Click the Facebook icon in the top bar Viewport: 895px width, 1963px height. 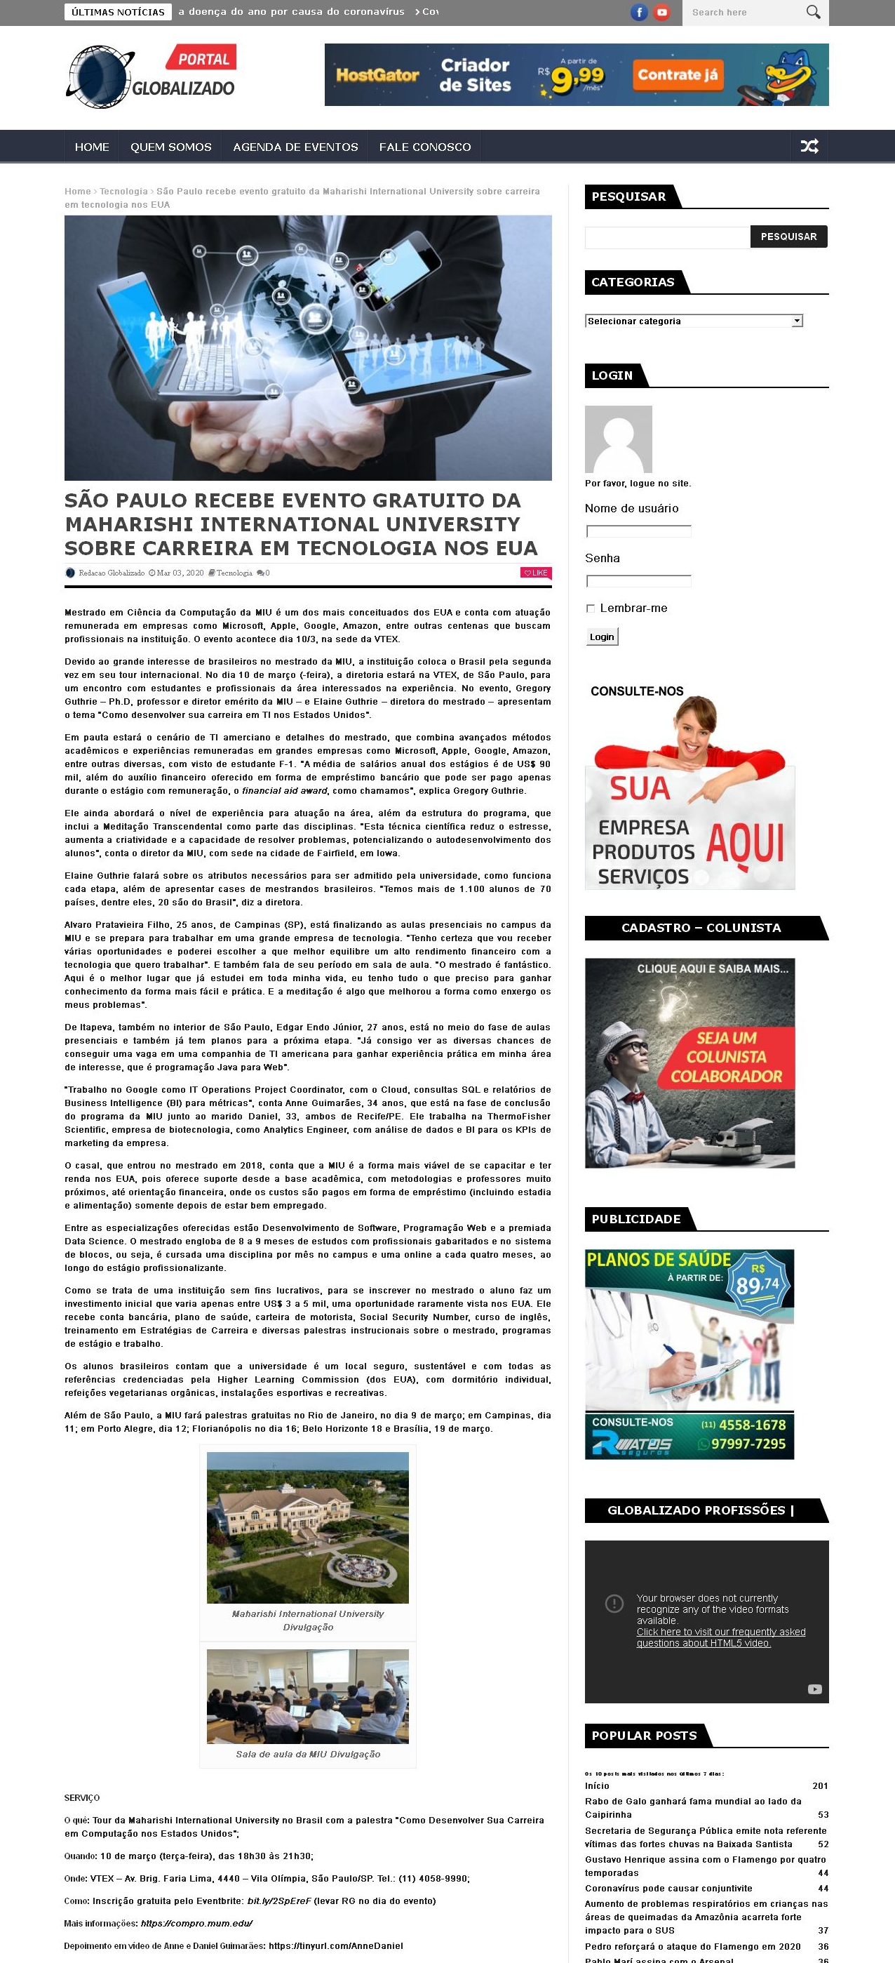pos(639,12)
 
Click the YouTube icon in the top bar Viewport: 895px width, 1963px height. pos(662,12)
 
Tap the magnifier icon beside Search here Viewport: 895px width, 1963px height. pos(814,12)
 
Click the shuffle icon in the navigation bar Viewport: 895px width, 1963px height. pos(809,146)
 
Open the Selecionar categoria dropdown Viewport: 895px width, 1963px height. pos(694,321)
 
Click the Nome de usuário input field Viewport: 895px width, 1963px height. pos(638,531)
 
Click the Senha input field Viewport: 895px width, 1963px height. pos(638,581)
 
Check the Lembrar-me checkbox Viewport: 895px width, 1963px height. pos(591,608)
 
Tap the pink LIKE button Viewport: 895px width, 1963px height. pos(534,572)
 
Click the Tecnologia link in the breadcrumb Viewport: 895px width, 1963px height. pos(123,192)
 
